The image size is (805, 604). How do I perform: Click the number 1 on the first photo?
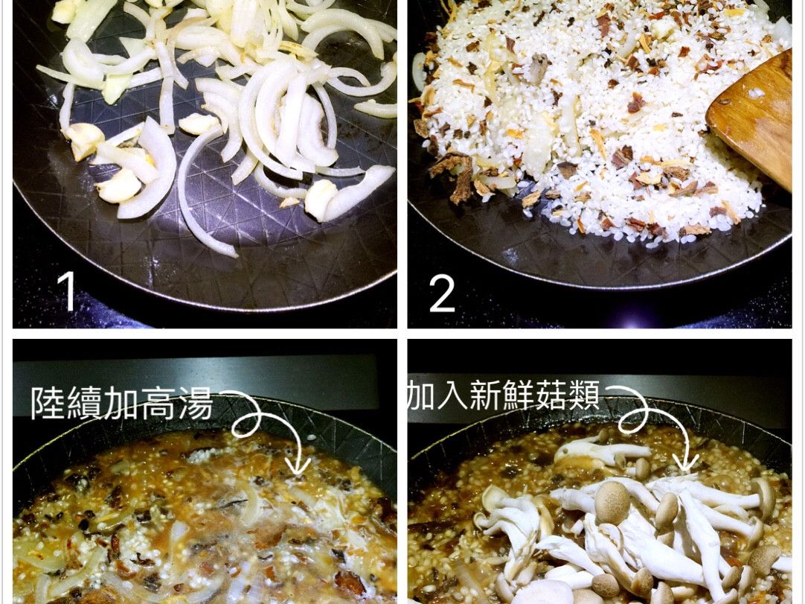[68, 291]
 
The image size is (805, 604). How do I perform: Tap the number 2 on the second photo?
[442, 293]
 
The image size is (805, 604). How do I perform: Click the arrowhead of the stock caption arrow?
[298, 467]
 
